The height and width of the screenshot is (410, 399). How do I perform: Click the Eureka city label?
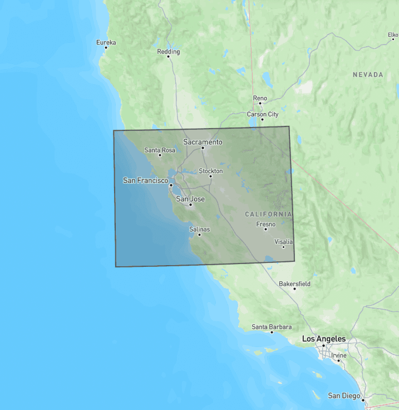[106, 42]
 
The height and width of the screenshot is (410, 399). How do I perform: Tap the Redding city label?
[169, 52]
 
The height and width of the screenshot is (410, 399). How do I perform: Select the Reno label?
[260, 98]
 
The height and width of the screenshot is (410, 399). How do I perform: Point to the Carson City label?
[263, 114]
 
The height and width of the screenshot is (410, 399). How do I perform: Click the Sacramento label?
[203, 142]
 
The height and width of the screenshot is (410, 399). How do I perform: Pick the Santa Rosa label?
[160, 150]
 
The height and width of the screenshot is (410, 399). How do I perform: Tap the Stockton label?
[210, 171]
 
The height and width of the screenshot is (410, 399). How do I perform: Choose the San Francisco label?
[145, 180]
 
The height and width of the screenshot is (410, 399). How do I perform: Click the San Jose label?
[190, 199]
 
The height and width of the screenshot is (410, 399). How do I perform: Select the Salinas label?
[199, 229]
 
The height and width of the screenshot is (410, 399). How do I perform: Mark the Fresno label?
[265, 224]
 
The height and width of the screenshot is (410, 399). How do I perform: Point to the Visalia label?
[283, 242]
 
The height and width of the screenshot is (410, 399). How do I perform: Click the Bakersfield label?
[294, 284]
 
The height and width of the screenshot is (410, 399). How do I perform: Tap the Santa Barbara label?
[272, 327]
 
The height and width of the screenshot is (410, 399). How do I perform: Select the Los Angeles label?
[323, 339]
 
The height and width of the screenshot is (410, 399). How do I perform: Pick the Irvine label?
[338, 355]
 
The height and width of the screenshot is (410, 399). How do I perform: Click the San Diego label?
[344, 396]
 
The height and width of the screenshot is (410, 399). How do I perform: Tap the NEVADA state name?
[368, 75]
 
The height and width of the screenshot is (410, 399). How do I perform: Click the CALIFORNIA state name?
[268, 214]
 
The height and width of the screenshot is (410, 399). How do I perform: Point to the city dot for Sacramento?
[203, 148]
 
